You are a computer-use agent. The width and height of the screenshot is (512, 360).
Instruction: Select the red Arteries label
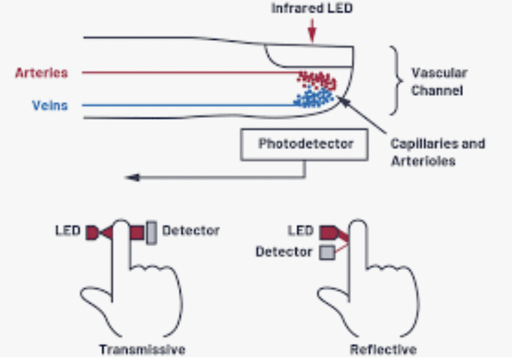coord(41,73)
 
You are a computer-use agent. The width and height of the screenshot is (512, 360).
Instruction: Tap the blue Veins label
coord(50,105)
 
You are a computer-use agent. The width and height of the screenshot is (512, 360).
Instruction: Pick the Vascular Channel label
coord(439,81)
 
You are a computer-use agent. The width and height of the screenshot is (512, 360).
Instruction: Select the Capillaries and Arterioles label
coord(437,152)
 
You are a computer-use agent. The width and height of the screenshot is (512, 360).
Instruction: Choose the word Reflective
coord(384,349)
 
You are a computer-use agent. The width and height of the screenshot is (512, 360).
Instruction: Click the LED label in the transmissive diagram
coord(68,231)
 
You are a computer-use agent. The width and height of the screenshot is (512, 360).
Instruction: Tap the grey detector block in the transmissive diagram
coord(151,232)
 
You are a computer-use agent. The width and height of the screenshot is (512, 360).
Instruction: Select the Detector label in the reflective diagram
coord(284,251)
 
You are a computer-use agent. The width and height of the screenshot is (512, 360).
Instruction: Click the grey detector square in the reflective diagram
coord(325,252)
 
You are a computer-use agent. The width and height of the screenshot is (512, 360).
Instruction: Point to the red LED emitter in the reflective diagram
coord(329,232)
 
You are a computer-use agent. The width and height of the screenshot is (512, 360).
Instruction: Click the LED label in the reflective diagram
coord(300,231)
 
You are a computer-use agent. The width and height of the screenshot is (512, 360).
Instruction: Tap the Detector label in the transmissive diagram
coord(191,231)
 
